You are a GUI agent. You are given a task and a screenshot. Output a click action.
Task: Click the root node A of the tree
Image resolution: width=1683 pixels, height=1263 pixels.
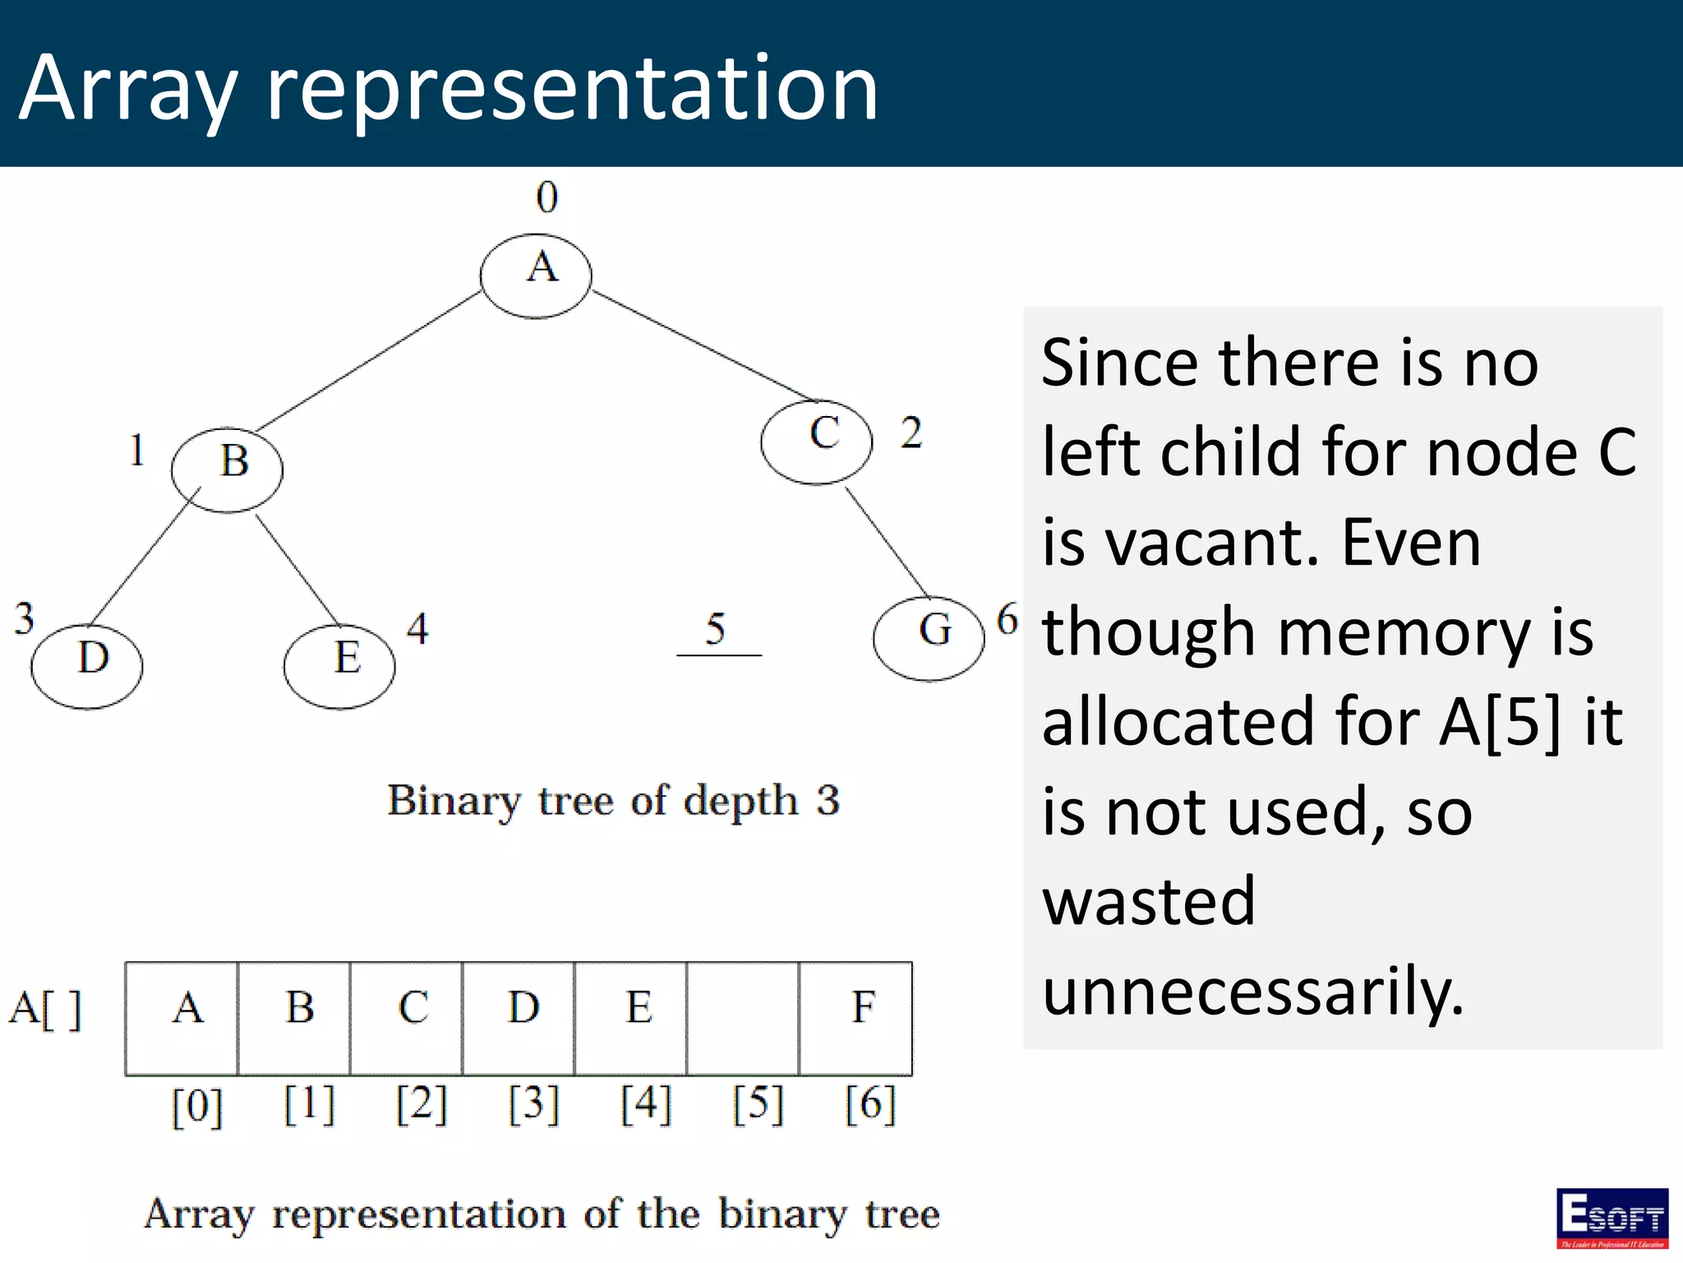tap(536, 275)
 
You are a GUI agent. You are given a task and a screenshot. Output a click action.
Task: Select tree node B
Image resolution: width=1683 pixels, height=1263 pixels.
tap(227, 470)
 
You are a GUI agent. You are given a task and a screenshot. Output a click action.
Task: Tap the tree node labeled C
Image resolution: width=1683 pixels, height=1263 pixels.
tap(816, 442)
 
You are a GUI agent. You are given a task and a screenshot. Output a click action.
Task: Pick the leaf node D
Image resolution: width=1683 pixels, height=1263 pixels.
tap(87, 666)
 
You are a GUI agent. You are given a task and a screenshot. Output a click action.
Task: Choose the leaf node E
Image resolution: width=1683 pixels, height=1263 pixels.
tap(339, 666)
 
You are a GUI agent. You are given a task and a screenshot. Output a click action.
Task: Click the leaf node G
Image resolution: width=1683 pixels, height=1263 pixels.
tap(929, 637)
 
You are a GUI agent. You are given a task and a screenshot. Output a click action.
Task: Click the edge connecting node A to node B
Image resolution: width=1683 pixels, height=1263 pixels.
tap(370, 360)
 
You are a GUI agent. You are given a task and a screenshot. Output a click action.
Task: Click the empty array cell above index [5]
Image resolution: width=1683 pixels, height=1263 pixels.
tap(743, 1018)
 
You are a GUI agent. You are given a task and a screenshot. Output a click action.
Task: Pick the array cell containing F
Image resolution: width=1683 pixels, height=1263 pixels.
tap(855, 1018)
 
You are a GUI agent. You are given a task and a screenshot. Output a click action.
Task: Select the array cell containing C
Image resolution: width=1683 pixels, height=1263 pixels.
tap(406, 1018)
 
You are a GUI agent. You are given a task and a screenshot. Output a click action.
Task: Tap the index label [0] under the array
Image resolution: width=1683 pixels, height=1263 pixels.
tap(197, 1105)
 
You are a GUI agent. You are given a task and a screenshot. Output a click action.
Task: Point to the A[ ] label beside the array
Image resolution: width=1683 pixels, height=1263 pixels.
tap(46, 1009)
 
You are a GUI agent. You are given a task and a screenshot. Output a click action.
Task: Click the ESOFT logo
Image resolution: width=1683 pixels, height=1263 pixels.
tap(1612, 1218)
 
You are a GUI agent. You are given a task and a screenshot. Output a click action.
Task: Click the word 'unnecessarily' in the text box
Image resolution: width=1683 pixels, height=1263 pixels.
tap(1252, 991)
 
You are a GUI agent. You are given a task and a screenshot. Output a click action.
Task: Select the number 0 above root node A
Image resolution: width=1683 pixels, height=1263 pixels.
tap(547, 197)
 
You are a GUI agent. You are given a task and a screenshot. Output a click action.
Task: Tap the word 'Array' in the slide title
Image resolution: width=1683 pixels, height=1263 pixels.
tap(128, 89)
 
